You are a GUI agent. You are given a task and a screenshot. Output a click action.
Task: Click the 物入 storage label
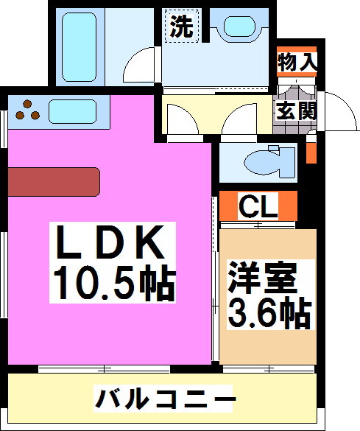297,63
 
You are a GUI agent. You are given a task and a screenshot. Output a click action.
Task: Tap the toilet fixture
265,162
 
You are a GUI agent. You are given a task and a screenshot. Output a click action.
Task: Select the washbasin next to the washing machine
237,28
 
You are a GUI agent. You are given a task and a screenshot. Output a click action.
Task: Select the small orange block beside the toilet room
311,152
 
